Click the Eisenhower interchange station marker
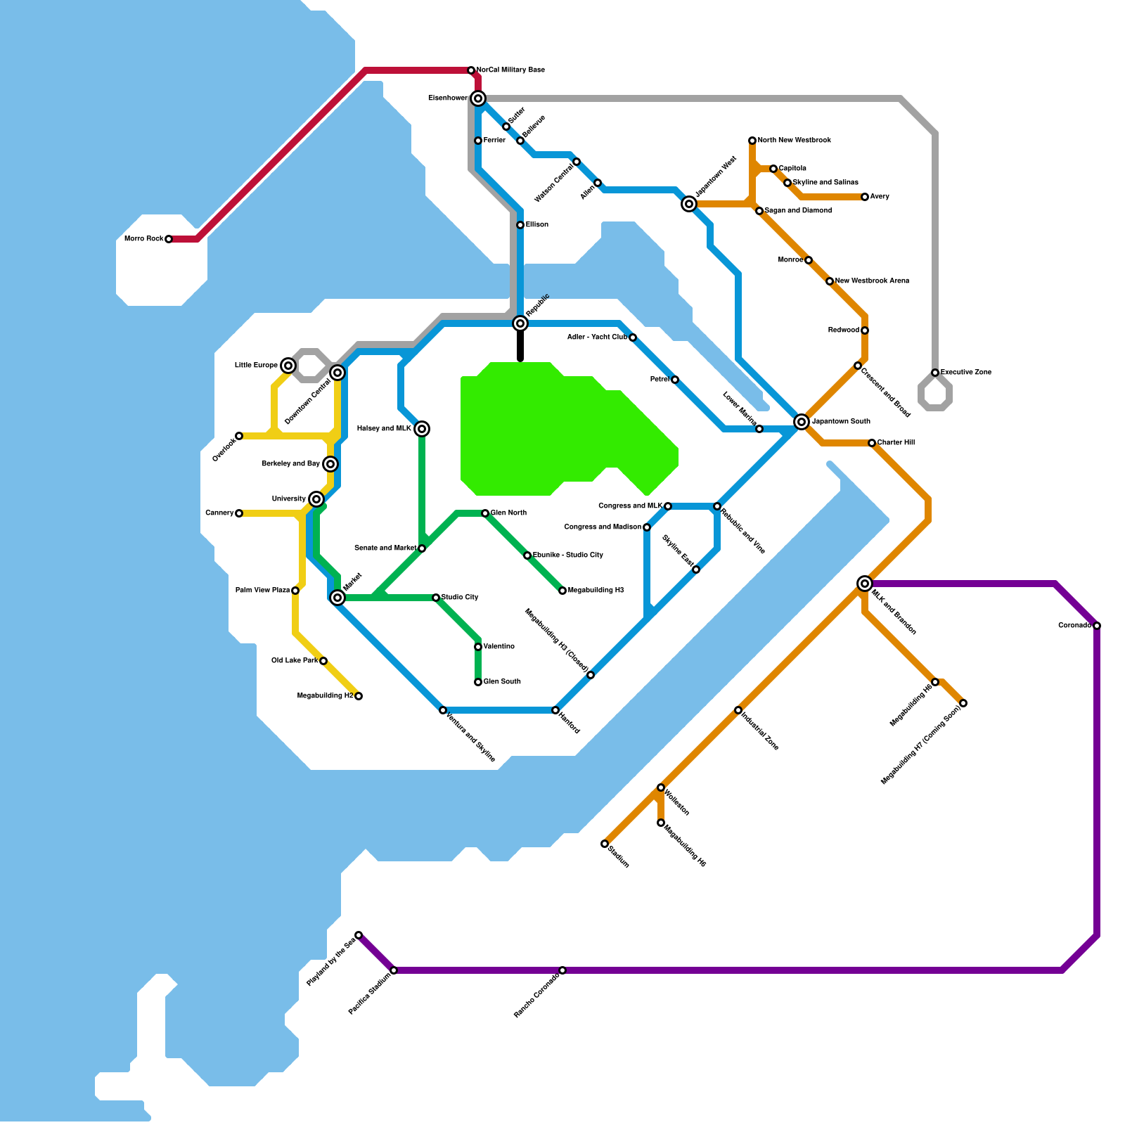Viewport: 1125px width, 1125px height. [478, 98]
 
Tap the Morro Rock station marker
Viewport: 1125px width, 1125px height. [169, 239]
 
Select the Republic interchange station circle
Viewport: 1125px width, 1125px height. [520, 323]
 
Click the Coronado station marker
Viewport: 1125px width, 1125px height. [1097, 626]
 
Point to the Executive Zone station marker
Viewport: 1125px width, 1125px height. [935, 373]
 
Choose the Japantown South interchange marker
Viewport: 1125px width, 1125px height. [802, 422]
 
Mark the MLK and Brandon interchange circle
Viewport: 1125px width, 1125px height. [865, 584]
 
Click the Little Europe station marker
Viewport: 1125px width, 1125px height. [288, 366]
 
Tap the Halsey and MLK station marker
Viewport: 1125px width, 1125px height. [422, 429]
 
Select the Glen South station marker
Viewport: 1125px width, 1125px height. [478, 682]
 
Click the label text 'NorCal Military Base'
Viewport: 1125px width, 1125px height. [510, 70]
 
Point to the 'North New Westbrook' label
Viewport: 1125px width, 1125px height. [795, 141]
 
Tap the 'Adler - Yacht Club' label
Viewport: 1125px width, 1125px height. [597, 337]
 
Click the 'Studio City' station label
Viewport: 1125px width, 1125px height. [460, 598]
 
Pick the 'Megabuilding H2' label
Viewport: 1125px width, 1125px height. [325, 696]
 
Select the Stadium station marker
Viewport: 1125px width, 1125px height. [605, 844]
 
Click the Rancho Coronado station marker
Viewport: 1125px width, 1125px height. [562, 970]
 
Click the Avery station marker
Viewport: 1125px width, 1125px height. [865, 197]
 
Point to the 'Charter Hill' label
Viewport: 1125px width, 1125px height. [896, 443]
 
